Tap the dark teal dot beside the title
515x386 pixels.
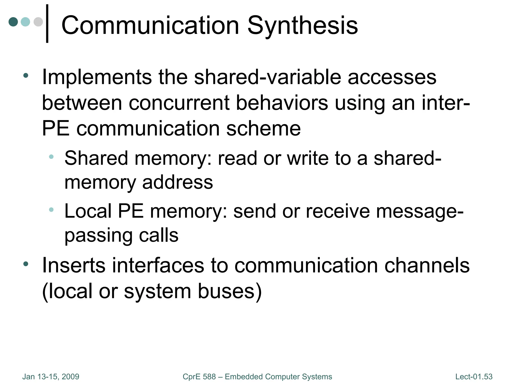13,22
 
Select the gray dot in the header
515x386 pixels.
38,22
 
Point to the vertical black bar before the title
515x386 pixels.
47,24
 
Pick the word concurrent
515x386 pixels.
179,103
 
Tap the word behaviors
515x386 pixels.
282,103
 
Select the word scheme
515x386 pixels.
263,129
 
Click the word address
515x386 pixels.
178,182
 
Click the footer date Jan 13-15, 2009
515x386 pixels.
51,377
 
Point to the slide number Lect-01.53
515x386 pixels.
474,377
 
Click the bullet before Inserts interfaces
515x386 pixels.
26,264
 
